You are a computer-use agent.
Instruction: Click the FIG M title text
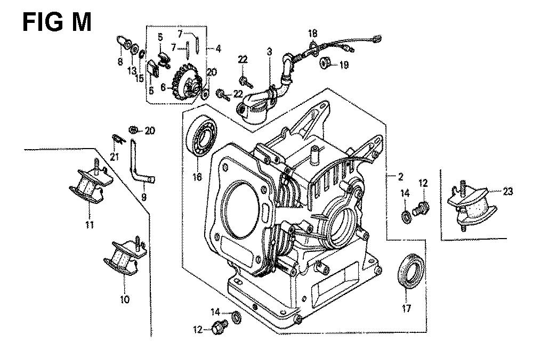click(57, 22)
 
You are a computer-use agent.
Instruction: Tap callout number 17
click(408, 307)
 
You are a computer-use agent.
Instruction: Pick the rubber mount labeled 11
click(88, 186)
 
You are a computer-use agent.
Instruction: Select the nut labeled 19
click(324, 65)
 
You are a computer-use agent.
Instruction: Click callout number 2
click(400, 177)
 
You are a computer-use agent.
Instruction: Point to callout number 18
click(313, 34)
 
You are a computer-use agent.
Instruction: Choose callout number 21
click(113, 156)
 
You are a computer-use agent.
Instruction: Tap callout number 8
click(120, 62)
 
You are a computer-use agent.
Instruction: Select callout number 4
click(218, 48)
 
